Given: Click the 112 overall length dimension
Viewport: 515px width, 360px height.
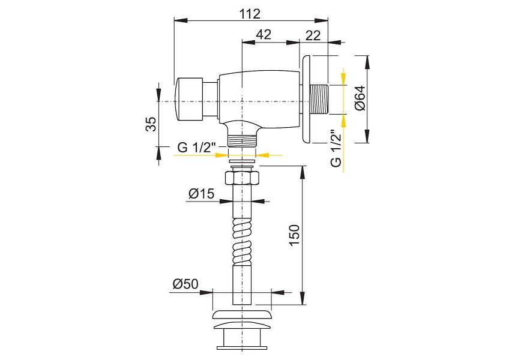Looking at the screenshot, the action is coord(250,14).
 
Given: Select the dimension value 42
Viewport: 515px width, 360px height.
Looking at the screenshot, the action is coord(264,34).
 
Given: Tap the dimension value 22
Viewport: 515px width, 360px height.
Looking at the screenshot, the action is coord(313,35).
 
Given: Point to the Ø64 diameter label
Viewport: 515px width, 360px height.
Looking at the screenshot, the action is coord(360,98).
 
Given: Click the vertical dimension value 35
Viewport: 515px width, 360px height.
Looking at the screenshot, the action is coord(151,124).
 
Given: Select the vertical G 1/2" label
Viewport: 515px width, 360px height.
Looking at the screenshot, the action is coord(336,148).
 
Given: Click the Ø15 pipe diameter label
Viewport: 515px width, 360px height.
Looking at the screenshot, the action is coord(201,194).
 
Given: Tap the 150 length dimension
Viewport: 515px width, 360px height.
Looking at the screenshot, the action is coord(294,235).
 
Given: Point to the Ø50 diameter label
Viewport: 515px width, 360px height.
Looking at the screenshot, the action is coord(185,284).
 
